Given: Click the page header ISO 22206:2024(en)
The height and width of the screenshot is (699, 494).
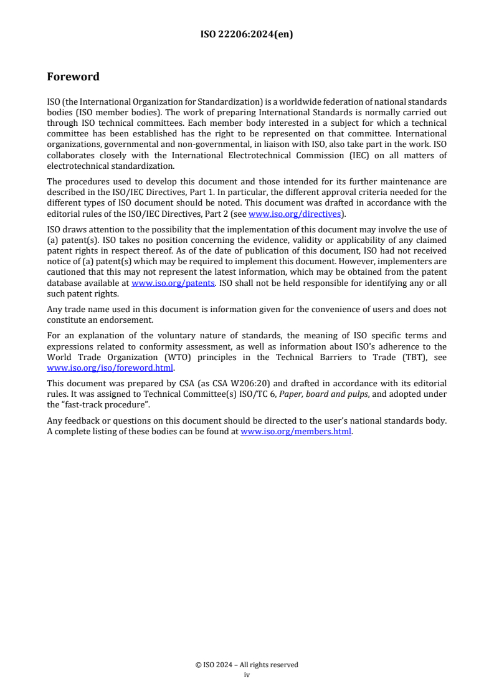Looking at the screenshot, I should point(247,35).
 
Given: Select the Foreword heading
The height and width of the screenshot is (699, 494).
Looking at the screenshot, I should point(73,77).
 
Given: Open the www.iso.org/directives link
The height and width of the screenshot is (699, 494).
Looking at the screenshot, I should point(295,214).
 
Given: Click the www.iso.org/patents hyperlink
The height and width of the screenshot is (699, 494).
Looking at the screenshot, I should point(173,283).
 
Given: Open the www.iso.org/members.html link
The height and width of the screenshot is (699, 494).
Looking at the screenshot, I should point(296,431).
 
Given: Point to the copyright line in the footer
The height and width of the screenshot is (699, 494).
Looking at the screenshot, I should point(247,665).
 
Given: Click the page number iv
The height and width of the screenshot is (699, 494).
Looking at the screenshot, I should point(247,674).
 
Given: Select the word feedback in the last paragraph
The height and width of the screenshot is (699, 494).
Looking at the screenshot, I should point(79,421).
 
